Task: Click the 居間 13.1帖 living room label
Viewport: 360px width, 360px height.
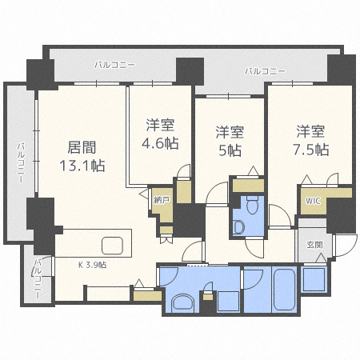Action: tap(82, 157)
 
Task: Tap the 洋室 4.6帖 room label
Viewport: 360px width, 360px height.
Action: tap(160, 134)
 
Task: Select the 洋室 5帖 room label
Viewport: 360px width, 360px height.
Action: tap(230, 142)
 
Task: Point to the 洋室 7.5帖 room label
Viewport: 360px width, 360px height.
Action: tap(310, 141)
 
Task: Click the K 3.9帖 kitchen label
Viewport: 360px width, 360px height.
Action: tap(92, 265)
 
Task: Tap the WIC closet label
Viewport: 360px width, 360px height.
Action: tap(313, 201)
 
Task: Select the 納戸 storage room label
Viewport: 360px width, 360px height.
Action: tap(162, 200)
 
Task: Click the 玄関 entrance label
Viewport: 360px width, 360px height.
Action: tap(314, 245)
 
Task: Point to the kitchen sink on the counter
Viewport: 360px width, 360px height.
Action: tap(112, 246)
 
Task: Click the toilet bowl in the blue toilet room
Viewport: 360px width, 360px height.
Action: tap(252, 205)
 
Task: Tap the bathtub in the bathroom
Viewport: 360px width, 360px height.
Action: tap(284, 290)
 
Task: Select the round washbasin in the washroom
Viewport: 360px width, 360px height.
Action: tap(183, 302)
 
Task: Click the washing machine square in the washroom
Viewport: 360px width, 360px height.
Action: tap(228, 302)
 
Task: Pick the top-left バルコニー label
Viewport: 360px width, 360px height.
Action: tap(114, 65)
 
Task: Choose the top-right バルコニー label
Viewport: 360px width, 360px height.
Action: tap(265, 71)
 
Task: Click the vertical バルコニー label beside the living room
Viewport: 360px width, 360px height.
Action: tap(22, 162)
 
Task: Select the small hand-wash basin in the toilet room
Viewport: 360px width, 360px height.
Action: tap(239, 227)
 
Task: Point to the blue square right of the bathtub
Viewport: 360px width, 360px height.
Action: tap(314, 279)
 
